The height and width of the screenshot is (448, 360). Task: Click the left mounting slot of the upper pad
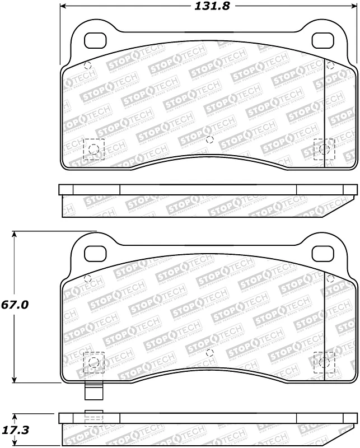(94, 40)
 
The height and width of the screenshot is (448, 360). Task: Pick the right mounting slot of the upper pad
(322, 40)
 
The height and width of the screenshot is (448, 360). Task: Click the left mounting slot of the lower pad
(94, 254)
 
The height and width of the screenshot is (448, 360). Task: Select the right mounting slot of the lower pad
(322, 254)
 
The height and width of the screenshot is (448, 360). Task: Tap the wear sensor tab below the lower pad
(93, 391)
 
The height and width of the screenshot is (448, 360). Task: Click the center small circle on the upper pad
(210, 139)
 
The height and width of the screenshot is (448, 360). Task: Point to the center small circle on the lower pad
(210, 353)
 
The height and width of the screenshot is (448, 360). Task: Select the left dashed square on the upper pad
(93, 149)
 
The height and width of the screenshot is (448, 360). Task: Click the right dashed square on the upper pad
(324, 149)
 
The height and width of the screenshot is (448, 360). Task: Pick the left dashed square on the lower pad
(93, 362)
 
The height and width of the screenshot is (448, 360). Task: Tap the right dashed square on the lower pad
(324, 362)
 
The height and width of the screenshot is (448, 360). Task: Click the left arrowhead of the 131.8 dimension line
(63, 6)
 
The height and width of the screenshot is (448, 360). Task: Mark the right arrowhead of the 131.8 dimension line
(353, 6)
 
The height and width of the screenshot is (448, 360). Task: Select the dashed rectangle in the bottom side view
(93, 418)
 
